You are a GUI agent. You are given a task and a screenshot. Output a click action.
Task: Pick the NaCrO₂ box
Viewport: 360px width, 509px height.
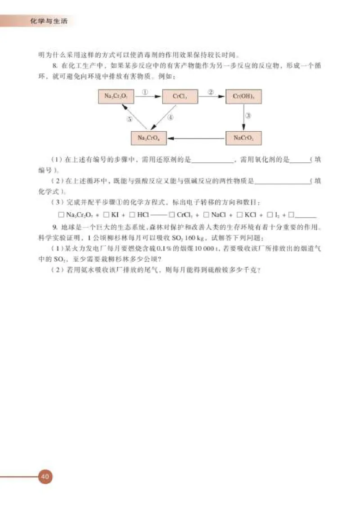(243, 138)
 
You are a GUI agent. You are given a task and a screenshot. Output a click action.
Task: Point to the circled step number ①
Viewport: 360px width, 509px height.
(145, 91)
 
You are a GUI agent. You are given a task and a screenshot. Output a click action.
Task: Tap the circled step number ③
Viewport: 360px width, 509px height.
(248, 116)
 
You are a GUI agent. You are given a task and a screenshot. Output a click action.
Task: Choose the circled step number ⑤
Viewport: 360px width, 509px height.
(129, 119)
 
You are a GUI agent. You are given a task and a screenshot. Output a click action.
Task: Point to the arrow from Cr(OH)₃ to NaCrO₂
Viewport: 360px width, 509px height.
(243, 117)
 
